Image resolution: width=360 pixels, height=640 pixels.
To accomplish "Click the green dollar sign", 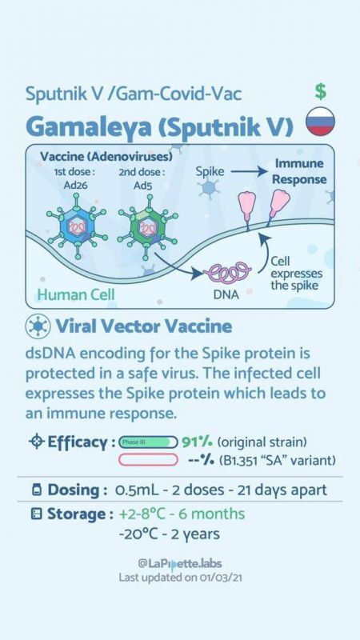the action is (x=321, y=91).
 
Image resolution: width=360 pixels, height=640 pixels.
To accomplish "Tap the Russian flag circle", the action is (x=321, y=122).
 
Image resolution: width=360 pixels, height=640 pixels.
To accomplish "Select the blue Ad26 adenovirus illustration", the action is (x=77, y=226).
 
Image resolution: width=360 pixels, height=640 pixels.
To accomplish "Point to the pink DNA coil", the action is (x=230, y=271).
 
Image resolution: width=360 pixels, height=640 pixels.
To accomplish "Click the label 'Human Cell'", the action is (x=76, y=294).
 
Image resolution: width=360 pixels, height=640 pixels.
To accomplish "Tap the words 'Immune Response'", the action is (x=299, y=171).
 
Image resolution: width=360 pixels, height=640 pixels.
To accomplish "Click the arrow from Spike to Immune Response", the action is (x=249, y=172).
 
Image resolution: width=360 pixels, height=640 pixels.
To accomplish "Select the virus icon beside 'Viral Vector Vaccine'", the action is (x=38, y=326).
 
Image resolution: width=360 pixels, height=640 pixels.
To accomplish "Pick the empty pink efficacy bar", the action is (x=148, y=460).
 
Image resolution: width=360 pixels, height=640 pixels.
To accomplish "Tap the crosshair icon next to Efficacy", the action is (x=37, y=442).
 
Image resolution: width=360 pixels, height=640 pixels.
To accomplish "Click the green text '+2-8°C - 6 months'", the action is (x=182, y=514).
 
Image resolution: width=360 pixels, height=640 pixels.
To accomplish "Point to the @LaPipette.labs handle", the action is (x=180, y=564).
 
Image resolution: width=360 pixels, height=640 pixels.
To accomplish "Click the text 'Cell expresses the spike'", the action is (x=296, y=274).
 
